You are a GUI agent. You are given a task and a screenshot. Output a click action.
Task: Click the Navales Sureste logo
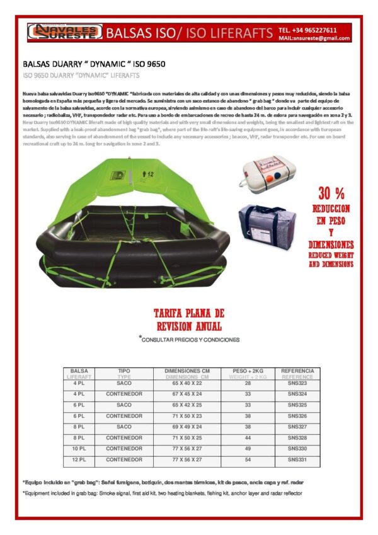tap(62, 32)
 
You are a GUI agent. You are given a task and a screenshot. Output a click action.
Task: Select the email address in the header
tap(314, 38)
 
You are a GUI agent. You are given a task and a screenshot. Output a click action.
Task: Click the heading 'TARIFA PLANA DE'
tap(189, 313)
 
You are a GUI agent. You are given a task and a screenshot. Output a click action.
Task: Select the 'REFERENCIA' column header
tap(297, 371)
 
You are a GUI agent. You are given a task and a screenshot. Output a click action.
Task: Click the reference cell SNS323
tap(297, 383)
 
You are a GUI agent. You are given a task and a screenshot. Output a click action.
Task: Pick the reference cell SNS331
tap(297, 459)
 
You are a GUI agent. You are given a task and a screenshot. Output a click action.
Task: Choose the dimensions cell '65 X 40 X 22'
tap(186, 383)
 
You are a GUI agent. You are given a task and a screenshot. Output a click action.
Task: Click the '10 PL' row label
tap(79, 448)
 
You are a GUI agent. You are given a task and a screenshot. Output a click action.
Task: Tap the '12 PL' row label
tap(79, 459)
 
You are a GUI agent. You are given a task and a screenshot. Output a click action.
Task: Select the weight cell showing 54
tap(248, 459)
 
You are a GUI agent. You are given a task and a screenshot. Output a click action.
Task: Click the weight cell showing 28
tap(248, 383)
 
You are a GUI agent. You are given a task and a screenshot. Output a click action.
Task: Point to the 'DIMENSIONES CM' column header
tap(186, 371)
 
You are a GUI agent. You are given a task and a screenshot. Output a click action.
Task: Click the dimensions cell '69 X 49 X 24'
tap(186, 427)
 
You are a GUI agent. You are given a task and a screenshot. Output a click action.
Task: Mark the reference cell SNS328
tap(297, 437)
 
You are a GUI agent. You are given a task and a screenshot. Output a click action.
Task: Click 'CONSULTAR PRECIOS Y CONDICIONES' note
tap(191, 340)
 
